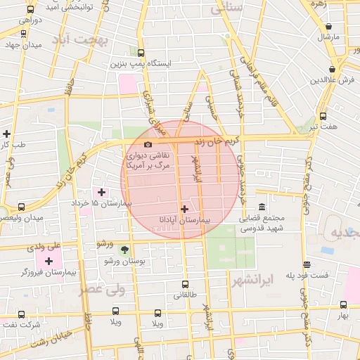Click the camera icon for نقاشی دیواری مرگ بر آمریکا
148,144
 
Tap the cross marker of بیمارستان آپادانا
184,209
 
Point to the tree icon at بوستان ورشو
125,250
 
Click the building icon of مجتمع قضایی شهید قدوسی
262,207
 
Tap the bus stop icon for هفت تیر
323,116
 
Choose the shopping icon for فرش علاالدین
330,69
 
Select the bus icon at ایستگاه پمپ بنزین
141,53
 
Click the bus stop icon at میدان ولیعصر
21,207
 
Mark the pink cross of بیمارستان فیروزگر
49,261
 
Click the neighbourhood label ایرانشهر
252,282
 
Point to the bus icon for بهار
343,305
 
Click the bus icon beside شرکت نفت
21,315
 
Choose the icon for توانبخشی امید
30,11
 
